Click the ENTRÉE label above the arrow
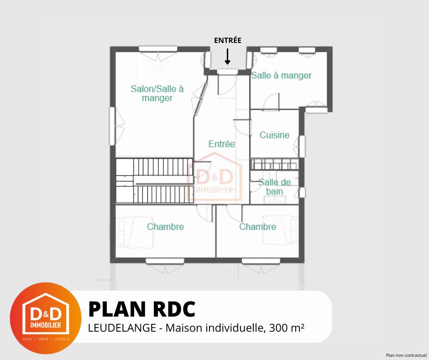(227, 40)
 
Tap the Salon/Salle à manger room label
(157, 93)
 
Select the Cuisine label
(274, 135)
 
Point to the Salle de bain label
(274, 187)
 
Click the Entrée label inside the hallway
(221, 144)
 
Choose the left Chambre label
(165, 227)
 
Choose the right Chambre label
(257, 227)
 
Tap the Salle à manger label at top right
(281, 75)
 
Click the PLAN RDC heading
(141, 309)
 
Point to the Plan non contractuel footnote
(406, 355)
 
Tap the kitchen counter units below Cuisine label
(275, 164)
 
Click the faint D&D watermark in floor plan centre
(214, 179)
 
